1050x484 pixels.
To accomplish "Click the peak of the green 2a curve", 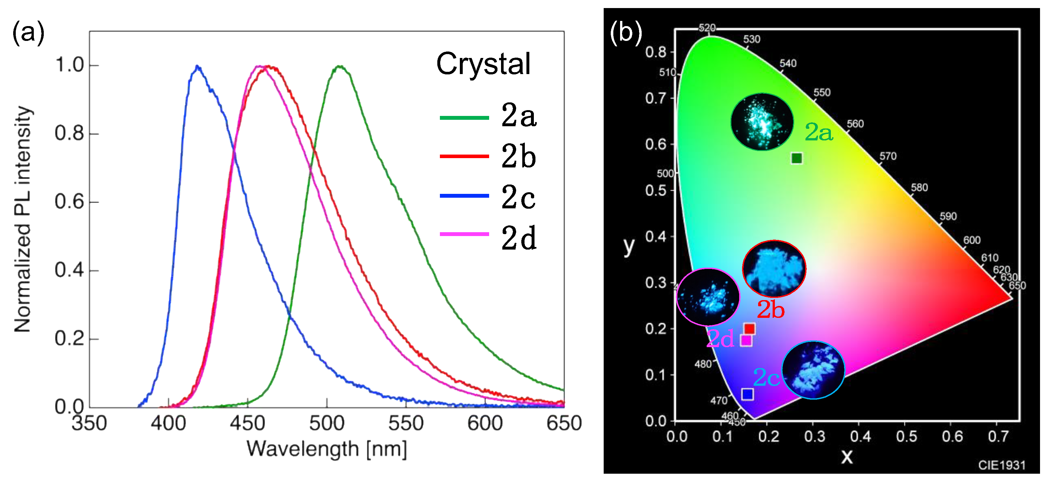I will (339, 66).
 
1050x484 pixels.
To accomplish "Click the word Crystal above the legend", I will (483, 64).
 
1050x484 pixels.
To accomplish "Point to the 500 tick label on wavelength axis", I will (327, 423).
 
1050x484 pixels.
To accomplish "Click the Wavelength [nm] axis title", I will (327, 449).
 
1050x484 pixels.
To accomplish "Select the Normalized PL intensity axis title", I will (23, 219).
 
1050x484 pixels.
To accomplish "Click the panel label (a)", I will (28, 33).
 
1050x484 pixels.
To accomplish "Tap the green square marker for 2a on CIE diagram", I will (796, 158).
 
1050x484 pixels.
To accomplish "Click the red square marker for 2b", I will (749, 329).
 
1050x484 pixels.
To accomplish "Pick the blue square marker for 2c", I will (747, 394).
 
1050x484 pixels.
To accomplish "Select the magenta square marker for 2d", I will (746, 340).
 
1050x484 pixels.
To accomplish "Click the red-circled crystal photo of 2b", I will (774, 268).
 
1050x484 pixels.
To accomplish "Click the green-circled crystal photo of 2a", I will (762, 121).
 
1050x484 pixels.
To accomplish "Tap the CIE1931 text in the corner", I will (1001, 465).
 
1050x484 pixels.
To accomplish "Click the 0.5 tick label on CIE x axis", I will (906, 437).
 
